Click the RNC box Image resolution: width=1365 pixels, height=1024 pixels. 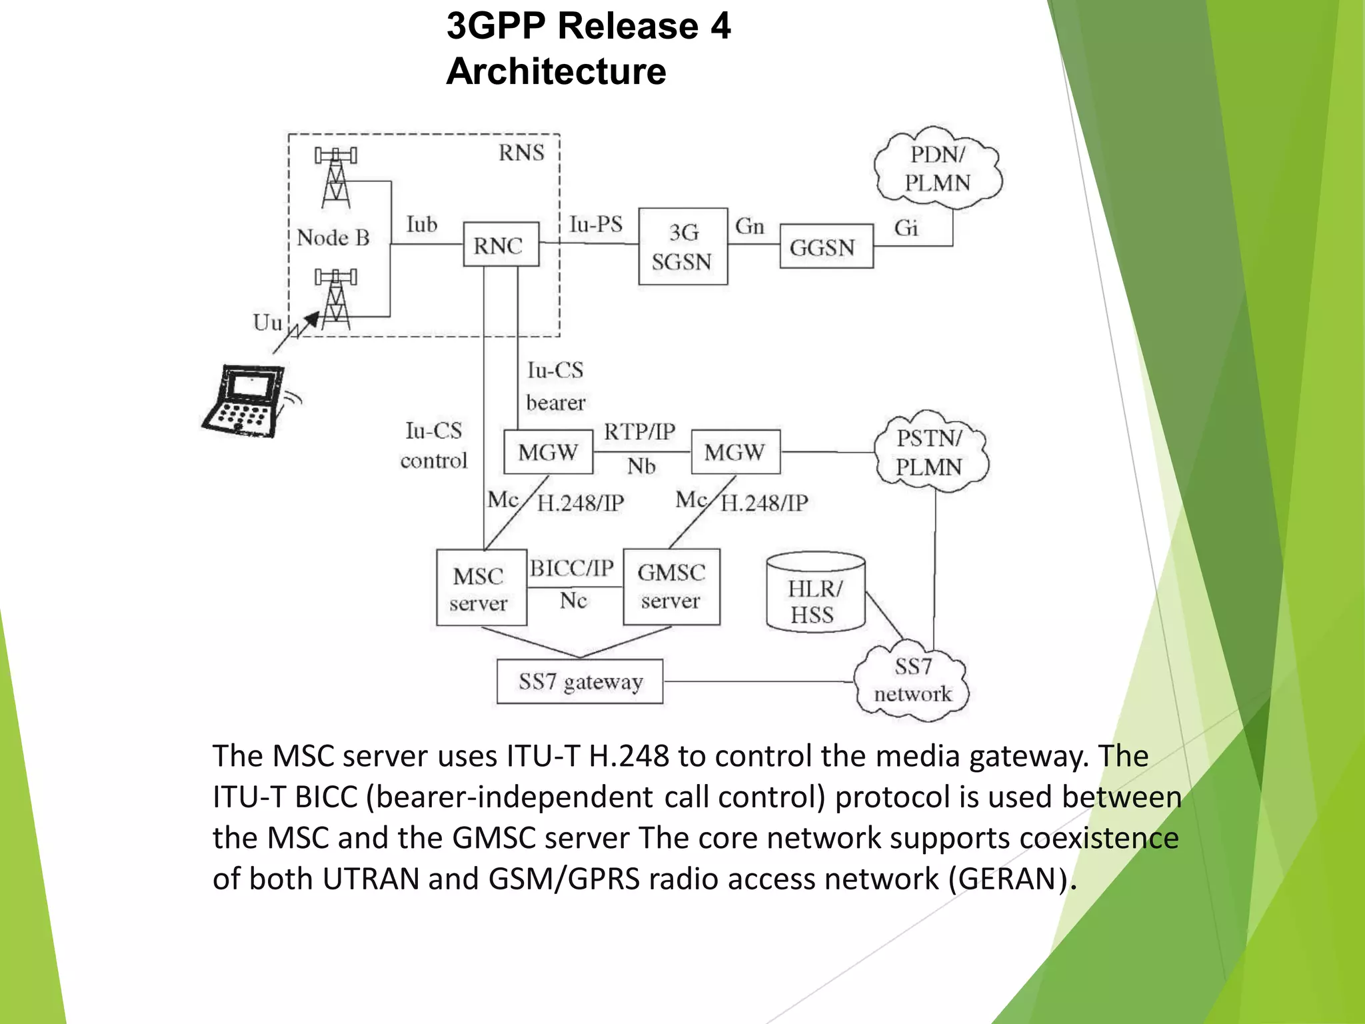pyautogui.click(x=501, y=245)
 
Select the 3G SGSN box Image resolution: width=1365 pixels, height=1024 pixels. pyautogui.click(x=682, y=247)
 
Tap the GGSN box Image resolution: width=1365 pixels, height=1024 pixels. pyautogui.click(x=826, y=247)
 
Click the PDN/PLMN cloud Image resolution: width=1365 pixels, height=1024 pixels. pyautogui.click(x=938, y=168)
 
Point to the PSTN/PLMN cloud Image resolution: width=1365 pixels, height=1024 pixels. pyautogui.click(x=930, y=452)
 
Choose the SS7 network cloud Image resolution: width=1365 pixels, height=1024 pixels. pyautogui.click(x=912, y=681)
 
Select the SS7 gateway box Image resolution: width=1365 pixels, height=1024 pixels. pyautogui.click(x=580, y=681)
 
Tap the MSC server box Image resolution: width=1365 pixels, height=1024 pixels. pyautogui.click(x=481, y=587)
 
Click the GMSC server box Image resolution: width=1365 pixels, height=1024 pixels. pyautogui.click(x=671, y=587)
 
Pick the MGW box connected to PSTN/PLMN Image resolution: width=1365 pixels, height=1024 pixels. pyautogui.click(x=735, y=452)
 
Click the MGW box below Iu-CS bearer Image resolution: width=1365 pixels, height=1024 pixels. pyautogui.click(x=548, y=452)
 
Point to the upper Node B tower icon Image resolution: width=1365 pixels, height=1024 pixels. pyautogui.click(x=336, y=177)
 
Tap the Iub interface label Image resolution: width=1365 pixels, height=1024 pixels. pyautogui.click(x=421, y=225)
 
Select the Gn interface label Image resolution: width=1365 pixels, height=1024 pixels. pyautogui.click(x=749, y=227)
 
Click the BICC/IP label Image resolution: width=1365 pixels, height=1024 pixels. pyautogui.click(x=572, y=568)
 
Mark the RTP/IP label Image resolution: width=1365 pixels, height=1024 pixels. pyautogui.click(x=639, y=432)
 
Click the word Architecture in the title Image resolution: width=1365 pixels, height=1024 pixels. pyautogui.click(x=556, y=71)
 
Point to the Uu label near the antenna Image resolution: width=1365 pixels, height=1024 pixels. pyautogui.click(x=267, y=323)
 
